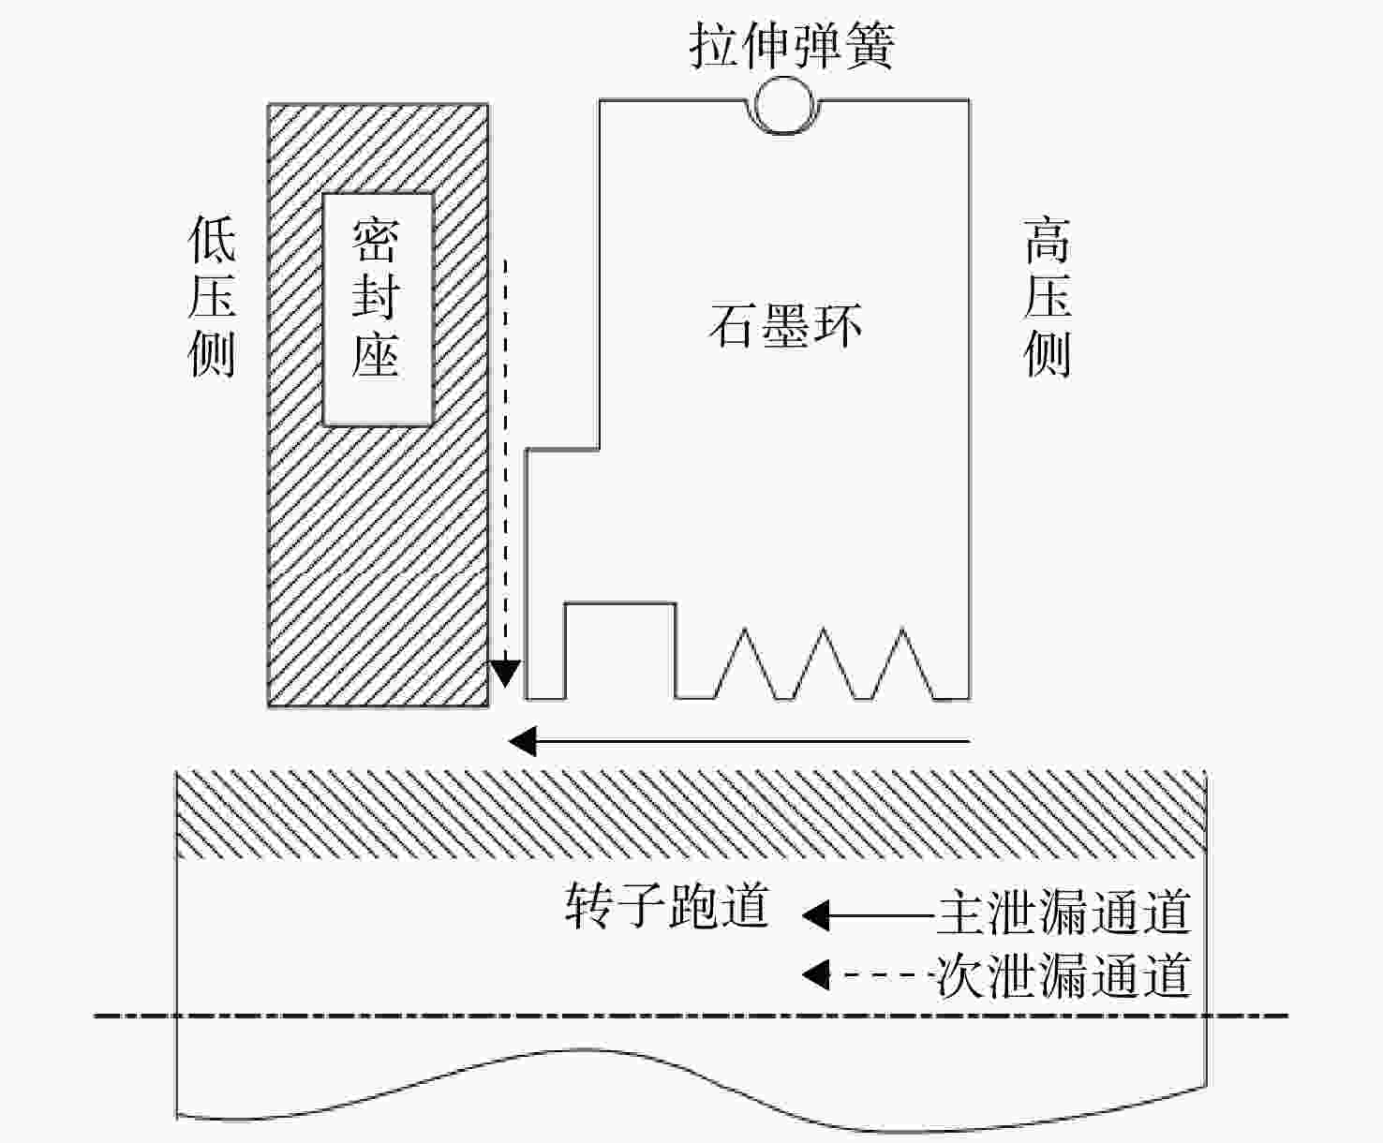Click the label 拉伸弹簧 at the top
point(792,45)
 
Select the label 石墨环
point(785,325)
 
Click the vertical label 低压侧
point(212,296)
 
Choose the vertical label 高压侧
point(1048,296)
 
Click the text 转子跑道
point(667,905)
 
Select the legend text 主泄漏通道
point(1064,912)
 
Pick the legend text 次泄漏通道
point(1064,974)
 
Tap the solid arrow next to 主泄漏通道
point(869,916)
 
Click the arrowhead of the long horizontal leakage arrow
point(522,742)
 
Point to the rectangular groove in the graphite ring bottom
point(620,650)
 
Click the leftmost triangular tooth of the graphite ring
point(745,663)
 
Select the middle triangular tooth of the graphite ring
point(824,663)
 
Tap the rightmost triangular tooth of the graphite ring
point(902,663)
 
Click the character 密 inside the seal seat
point(376,241)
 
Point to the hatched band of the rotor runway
point(691,814)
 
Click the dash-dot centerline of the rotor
point(691,1016)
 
